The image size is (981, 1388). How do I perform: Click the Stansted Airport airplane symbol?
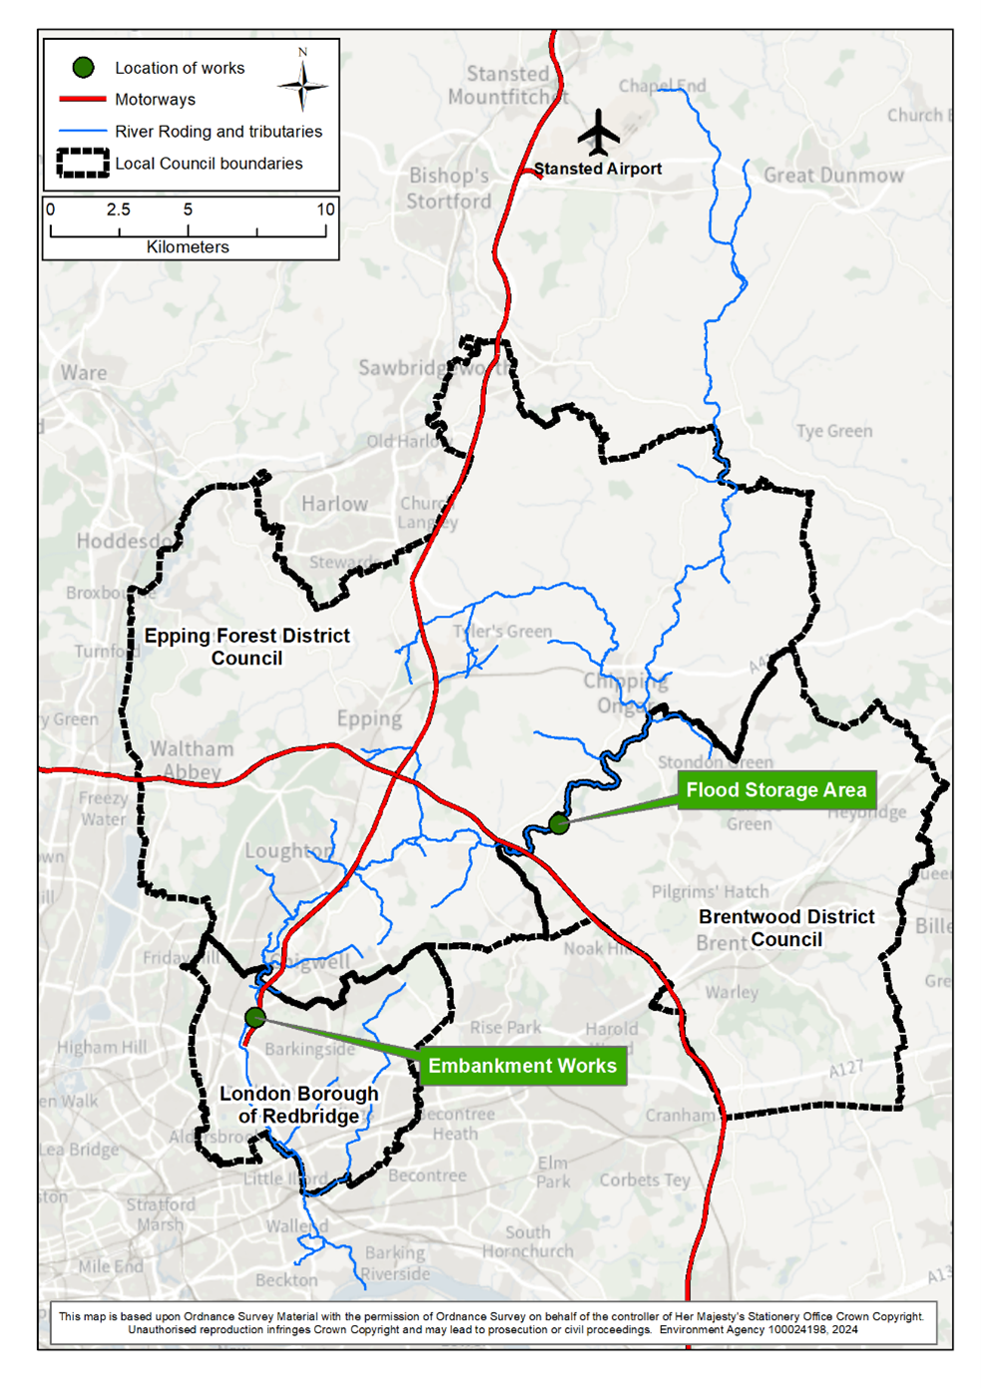(x=599, y=133)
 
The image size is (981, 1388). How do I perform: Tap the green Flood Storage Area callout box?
(x=776, y=790)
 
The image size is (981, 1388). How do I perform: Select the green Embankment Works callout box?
(x=522, y=1066)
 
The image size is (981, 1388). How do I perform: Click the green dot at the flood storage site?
(x=559, y=823)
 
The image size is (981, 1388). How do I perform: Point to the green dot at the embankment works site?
(x=255, y=1017)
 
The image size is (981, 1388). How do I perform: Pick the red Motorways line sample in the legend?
(x=83, y=99)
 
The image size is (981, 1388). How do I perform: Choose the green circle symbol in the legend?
(x=83, y=67)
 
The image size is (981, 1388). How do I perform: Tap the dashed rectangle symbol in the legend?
(x=83, y=163)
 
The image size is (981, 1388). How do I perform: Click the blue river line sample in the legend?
(x=83, y=131)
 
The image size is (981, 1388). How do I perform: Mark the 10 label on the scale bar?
(x=325, y=210)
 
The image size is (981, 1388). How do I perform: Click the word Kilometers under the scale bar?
(x=188, y=246)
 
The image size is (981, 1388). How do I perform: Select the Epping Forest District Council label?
(x=246, y=647)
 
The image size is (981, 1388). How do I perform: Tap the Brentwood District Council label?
(x=786, y=928)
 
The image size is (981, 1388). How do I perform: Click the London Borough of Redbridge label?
(x=298, y=1105)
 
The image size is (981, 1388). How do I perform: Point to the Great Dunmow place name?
(x=833, y=176)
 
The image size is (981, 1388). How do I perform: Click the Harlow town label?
(x=334, y=504)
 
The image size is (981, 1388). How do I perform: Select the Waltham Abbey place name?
(x=192, y=759)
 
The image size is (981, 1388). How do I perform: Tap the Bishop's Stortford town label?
(x=449, y=188)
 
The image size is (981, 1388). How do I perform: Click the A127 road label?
(x=845, y=1069)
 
